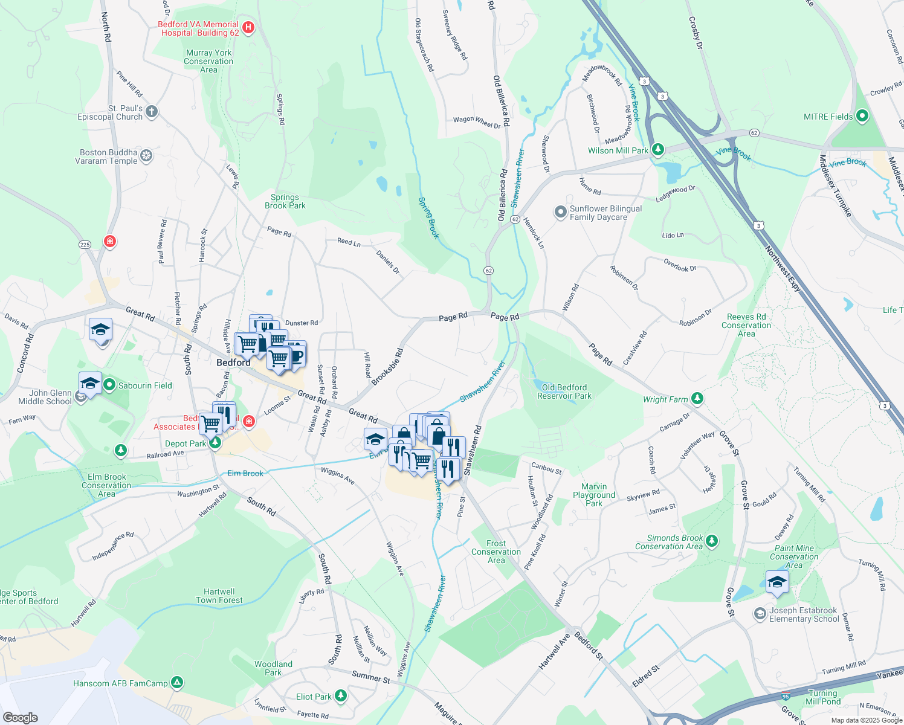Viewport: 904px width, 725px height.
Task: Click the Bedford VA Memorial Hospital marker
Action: click(248, 28)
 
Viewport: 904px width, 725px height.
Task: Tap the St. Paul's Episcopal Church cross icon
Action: click(152, 111)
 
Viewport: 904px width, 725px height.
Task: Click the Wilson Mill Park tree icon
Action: click(658, 149)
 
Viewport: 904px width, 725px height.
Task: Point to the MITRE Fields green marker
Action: click(862, 115)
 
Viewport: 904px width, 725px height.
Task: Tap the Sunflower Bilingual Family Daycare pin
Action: click(560, 213)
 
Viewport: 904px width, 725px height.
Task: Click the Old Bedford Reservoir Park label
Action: click(564, 391)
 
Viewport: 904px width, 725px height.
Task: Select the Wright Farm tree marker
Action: click(697, 398)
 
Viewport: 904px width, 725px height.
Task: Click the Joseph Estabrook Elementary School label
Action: click(803, 614)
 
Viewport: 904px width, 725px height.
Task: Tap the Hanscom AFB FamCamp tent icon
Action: click(177, 683)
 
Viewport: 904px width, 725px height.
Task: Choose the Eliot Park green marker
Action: click(341, 696)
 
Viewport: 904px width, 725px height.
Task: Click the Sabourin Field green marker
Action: click(109, 385)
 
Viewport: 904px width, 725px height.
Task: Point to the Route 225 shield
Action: click(85, 245)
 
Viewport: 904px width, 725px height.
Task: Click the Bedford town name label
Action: click(233, 362)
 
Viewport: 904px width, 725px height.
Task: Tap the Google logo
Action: click(21, 717)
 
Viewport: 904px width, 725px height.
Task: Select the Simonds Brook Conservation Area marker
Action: click(712, 541)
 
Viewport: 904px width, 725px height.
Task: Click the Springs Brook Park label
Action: click(285, 201)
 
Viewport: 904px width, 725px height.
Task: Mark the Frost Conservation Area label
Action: click(496, 552)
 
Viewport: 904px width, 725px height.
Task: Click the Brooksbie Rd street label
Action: click(387, 366)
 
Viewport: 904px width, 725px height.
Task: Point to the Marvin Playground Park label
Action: click(594, 495)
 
